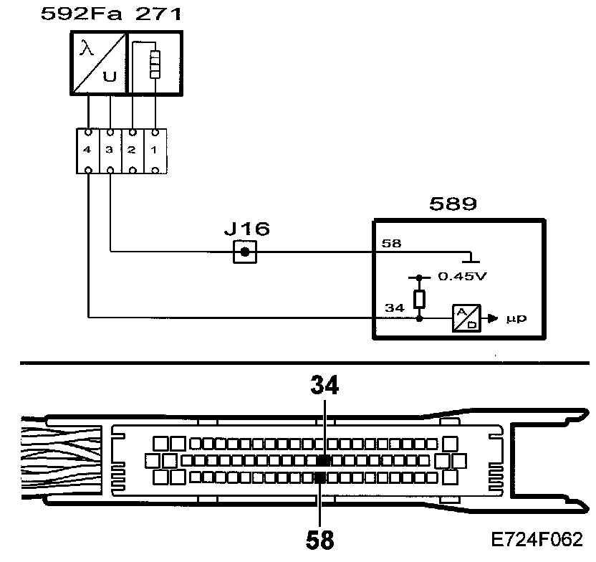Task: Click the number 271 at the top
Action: [x=140, y=14]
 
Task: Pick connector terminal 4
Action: [x=87, y=151]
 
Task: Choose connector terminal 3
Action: [x=110, y=151]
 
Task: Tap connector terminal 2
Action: [x=132, y=151]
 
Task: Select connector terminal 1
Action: [x=155, y=151]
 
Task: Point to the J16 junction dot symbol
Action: [x=245, y=252]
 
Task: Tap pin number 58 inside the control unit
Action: [x=391, y=244]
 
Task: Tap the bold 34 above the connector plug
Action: [x=325, y=386]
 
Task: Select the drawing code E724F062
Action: [x=537, y=538]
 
